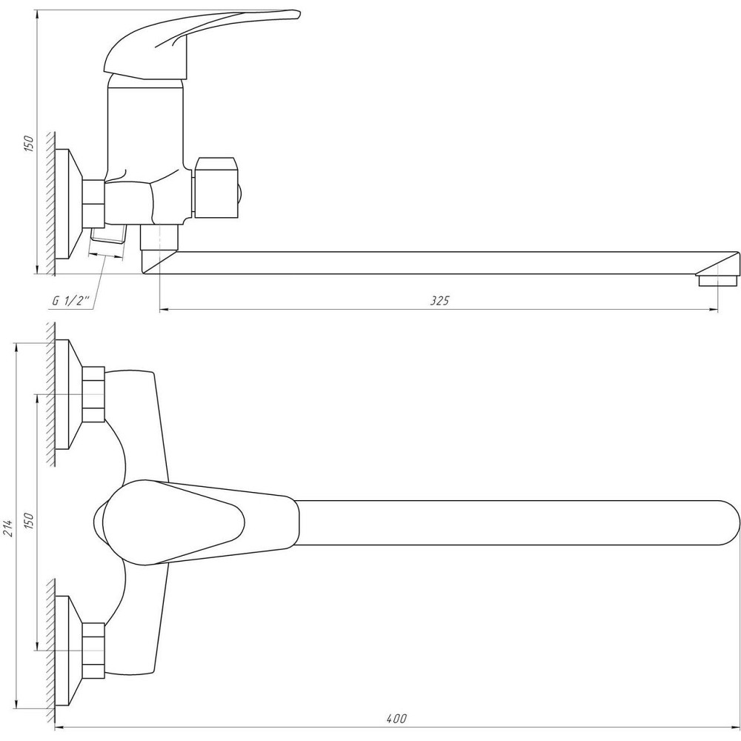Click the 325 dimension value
[439, 300]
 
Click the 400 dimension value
[396, 719]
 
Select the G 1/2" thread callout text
[71, 301]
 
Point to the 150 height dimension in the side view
[30, 143]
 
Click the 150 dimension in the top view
[30, 521]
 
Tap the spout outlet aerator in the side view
[718, 281]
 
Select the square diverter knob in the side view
[216, 187]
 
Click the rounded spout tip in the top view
[730, 522]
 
